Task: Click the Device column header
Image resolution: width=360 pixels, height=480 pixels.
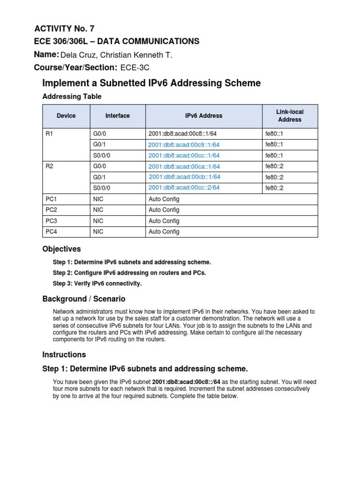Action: coord(66,116)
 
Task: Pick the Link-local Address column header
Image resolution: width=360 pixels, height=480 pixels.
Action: coord(290,116)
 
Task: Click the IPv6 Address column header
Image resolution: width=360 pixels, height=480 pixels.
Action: coord(203,116)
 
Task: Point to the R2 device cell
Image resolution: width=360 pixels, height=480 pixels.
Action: coord(50,166)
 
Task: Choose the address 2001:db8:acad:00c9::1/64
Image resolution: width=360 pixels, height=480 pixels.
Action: coord(184,145)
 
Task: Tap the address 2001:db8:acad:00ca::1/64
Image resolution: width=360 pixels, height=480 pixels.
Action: coord(184,166)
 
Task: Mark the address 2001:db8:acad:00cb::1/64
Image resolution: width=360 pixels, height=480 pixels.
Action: coord(184,177)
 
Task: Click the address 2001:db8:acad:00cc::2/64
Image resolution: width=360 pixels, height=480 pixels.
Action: coord(184,187)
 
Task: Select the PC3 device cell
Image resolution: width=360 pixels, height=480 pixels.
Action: coord(51,221)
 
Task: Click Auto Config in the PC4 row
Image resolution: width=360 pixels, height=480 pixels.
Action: coord(164,232)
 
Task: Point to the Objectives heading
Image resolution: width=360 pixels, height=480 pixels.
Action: coord(61,249)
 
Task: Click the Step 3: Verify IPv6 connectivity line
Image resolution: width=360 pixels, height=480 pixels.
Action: coord(97,284)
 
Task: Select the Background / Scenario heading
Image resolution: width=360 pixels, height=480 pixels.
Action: coord(84,299)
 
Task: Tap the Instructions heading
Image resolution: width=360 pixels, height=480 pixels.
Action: coord(64,355)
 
